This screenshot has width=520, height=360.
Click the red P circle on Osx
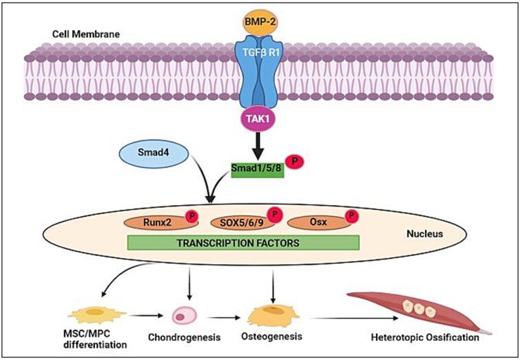(352, 215)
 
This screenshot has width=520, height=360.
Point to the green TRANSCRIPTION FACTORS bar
(243, 242)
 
